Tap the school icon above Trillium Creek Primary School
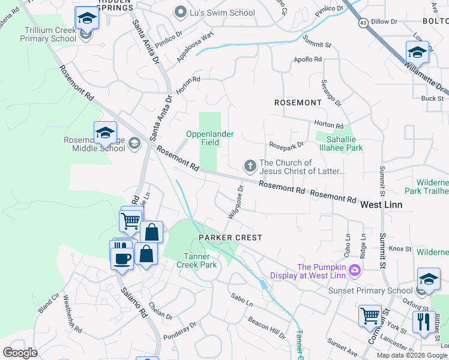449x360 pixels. pyautogui.click(x=87, y=18)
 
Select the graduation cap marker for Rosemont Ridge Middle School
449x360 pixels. pyautogui.click(x=105, y=133)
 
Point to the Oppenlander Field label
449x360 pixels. pyautogui.click(x=209, y=139)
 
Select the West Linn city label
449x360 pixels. pyautogui.click(x=381, y=205)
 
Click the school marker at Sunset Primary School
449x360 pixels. pyautogui.click(x=429, y=279)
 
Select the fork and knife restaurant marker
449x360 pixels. pyautogui.click(x=424, y=322)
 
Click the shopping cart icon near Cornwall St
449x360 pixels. pyautogui.click(x=370, y=316)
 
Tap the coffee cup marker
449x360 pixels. pyautogui.click(x=121, y=259)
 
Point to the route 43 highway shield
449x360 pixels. pyautogui.click(x=363, y=22)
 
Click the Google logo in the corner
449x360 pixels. pyautogui.click(x=20, y=353)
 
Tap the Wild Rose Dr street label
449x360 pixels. pyautogui.click(x=235, y=201)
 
